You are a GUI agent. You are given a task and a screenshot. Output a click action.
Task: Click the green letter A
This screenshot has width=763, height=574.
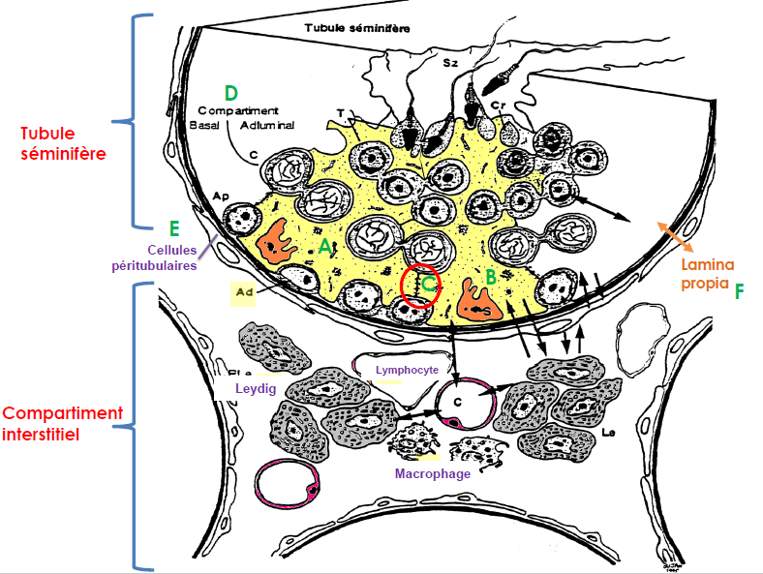(x=326, y=247)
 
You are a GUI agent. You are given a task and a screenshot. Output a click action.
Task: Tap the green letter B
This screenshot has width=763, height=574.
(x=491, y=277)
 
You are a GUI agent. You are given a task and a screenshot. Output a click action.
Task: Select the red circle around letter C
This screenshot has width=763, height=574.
(x=421, y=284)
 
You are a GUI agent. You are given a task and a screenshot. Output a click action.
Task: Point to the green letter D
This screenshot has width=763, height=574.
(x=230, y=93)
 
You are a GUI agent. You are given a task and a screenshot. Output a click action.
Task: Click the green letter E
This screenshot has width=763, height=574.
(x=174, y=228)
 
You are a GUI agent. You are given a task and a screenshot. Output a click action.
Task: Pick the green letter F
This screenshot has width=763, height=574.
(x=739, y=289)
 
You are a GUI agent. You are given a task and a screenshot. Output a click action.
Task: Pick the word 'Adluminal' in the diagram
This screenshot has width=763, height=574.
(x=267, y=125)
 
